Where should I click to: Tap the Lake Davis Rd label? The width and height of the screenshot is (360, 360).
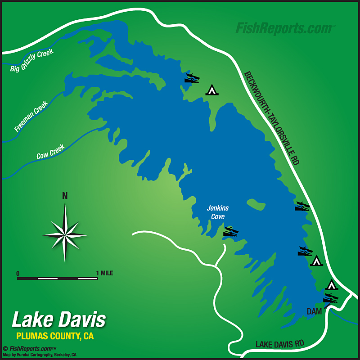(280, 344)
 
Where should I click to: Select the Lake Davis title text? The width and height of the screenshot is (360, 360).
(59, 320)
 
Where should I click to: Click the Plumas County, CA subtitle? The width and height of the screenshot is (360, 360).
(55, 336)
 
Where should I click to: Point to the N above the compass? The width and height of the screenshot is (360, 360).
(65, 196)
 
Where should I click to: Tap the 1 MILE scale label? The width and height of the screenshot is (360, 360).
(104, 273)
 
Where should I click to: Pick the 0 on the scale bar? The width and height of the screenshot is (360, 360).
(18, 273)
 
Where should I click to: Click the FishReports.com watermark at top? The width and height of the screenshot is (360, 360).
(285, 28)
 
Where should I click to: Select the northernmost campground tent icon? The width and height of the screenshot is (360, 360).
(211, 90)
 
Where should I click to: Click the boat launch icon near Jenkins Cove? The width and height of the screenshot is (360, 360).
(231, 232)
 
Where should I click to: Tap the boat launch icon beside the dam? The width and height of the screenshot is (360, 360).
(330, 298)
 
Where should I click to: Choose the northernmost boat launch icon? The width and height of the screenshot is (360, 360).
(193, 78)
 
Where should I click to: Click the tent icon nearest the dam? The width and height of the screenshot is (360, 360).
(332, 284)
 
